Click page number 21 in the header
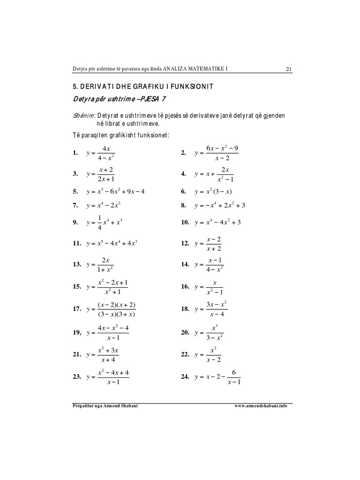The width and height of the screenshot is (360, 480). [x=289, y=69]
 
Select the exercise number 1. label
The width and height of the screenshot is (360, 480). [x=75, y=153]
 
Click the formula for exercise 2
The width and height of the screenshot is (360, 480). [x=217, y=153]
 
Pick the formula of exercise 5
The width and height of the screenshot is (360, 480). [x=116, y=191]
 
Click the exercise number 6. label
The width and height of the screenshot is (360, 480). [x=184, y=192]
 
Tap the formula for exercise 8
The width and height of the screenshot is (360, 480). [x=220, y=205]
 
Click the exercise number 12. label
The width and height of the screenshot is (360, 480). [x=185, y=244]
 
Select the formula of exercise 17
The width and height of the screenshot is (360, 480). [x=112, y=309]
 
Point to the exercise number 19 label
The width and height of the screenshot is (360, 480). [x=77, y=333]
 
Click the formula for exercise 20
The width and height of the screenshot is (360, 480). [x=209, y=332]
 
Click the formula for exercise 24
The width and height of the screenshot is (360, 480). [x=217, y=377]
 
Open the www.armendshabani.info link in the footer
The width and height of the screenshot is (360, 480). [x=261, y=405]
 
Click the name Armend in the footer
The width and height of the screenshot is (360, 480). [x=111, y=405]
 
